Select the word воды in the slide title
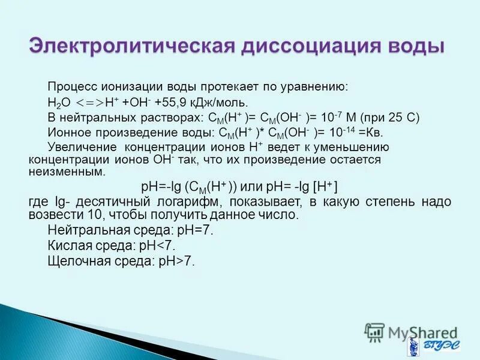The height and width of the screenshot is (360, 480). click(x=417, y=46)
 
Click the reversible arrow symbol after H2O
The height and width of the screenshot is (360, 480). click(x=90, y=102)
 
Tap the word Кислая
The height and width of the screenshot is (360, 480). click(x=69, y=245)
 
